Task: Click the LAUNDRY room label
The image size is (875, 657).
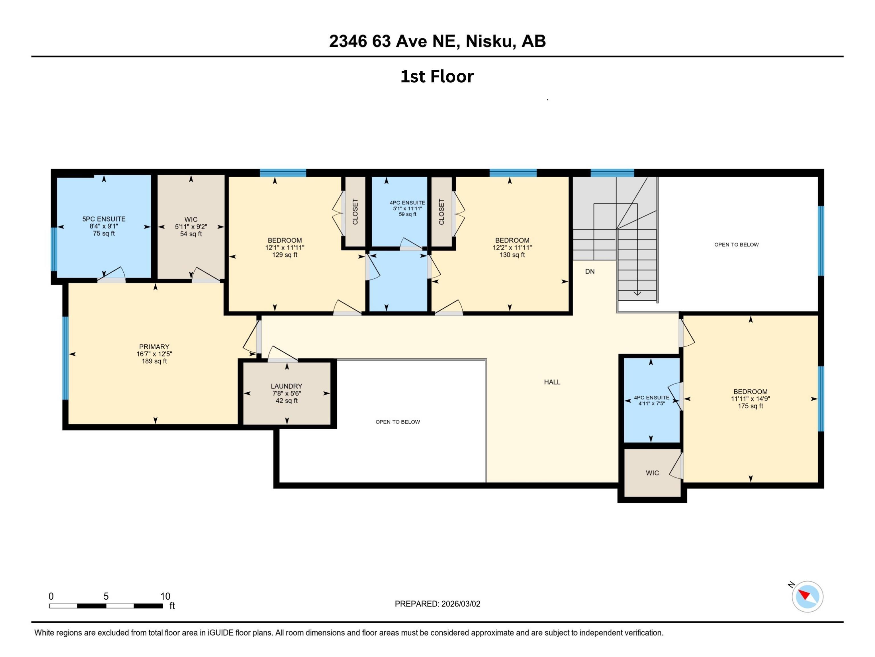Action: (x=286, y=386)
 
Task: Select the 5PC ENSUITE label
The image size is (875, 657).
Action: (x=104, y=219)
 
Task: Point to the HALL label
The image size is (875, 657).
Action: (x=552, y=382)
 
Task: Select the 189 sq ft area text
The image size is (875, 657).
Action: (x=154, y=361)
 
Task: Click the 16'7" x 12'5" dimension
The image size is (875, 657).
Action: (x=154, y=354)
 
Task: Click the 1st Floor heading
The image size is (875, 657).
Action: (x=437, y=76)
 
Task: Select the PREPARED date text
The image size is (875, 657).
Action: (x=437, y=604)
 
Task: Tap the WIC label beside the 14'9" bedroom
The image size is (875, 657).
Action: (x=652, y=473)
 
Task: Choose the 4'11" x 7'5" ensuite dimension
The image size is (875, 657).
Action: (x=651, y=403)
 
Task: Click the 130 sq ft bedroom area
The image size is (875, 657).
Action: (x=512, y=255)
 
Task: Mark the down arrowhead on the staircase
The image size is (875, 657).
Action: (x=637, y=293)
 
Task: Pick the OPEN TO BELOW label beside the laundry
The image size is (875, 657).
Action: (x=398, y=422)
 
